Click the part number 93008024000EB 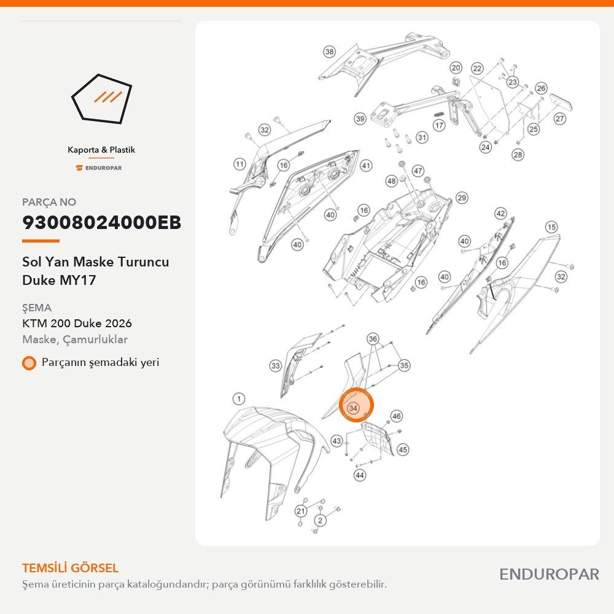point(101,222)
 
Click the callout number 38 point(329,52)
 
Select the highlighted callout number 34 point(353,408)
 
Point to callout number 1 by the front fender point(239,399)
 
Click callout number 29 point(462,198)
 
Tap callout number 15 point(551,227)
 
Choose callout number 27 point(559,119)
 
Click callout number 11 point(239,164)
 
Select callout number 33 point(276,366)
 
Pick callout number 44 point(360,475)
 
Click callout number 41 point(366,166)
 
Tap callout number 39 point(360,119)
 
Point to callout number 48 point(392,181)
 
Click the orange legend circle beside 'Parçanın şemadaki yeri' point(29,363)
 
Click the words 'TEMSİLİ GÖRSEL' point(71,568)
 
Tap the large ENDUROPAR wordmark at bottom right point(550,575)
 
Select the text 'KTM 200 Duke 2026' point(77,324)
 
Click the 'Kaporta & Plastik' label point(101,150)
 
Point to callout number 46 point(397,416)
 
